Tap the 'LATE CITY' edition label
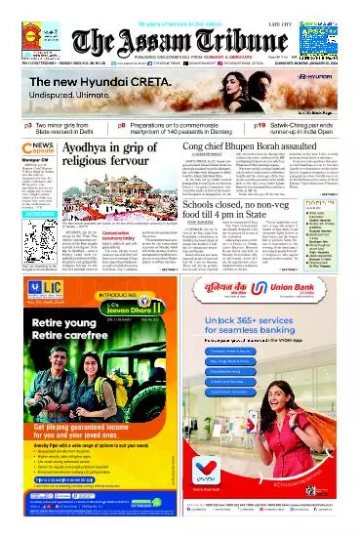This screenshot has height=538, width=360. tap(307, 7)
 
